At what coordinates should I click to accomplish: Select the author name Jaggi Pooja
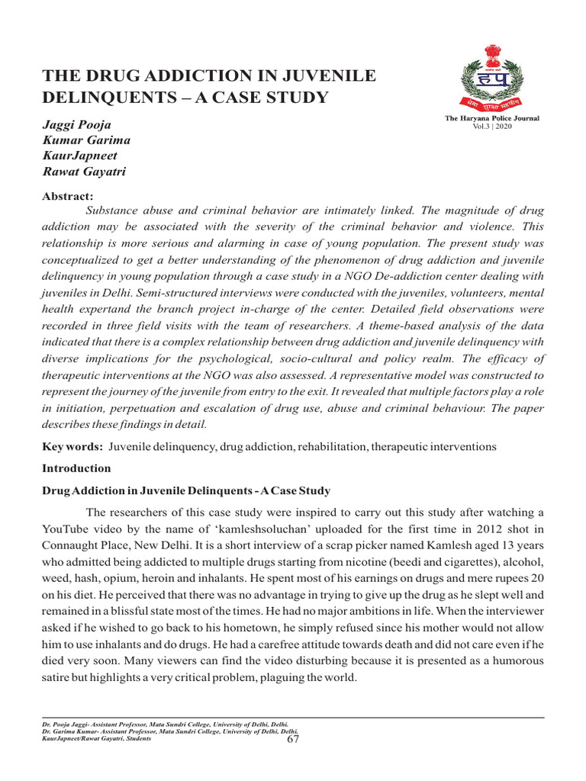(x=76, y=124)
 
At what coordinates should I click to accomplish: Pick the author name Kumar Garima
(x=85, y=140)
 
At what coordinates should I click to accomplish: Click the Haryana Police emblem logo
(x=491, y=79)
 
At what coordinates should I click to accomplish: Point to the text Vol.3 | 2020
(x=492, y=126)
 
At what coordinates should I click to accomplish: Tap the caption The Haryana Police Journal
(x=492, y=118)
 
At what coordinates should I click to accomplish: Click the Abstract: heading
(x=67, y=196)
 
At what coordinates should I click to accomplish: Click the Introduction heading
(x=76, y=468)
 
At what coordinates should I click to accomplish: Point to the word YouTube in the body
(x=66, y=527)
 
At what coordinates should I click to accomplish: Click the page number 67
(x=292, y=738)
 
